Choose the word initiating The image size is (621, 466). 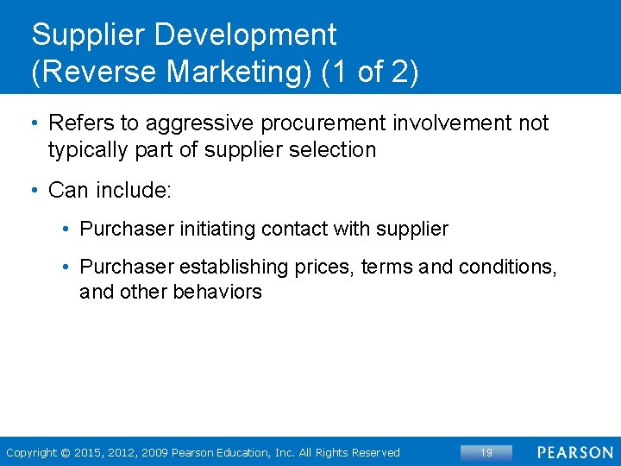tap(219, 230)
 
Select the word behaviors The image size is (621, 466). tap(217, 293)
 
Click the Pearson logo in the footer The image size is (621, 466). tap(575, 452)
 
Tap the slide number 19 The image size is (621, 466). tap(486, 452)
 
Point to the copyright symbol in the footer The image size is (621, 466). tap(66, 453)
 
